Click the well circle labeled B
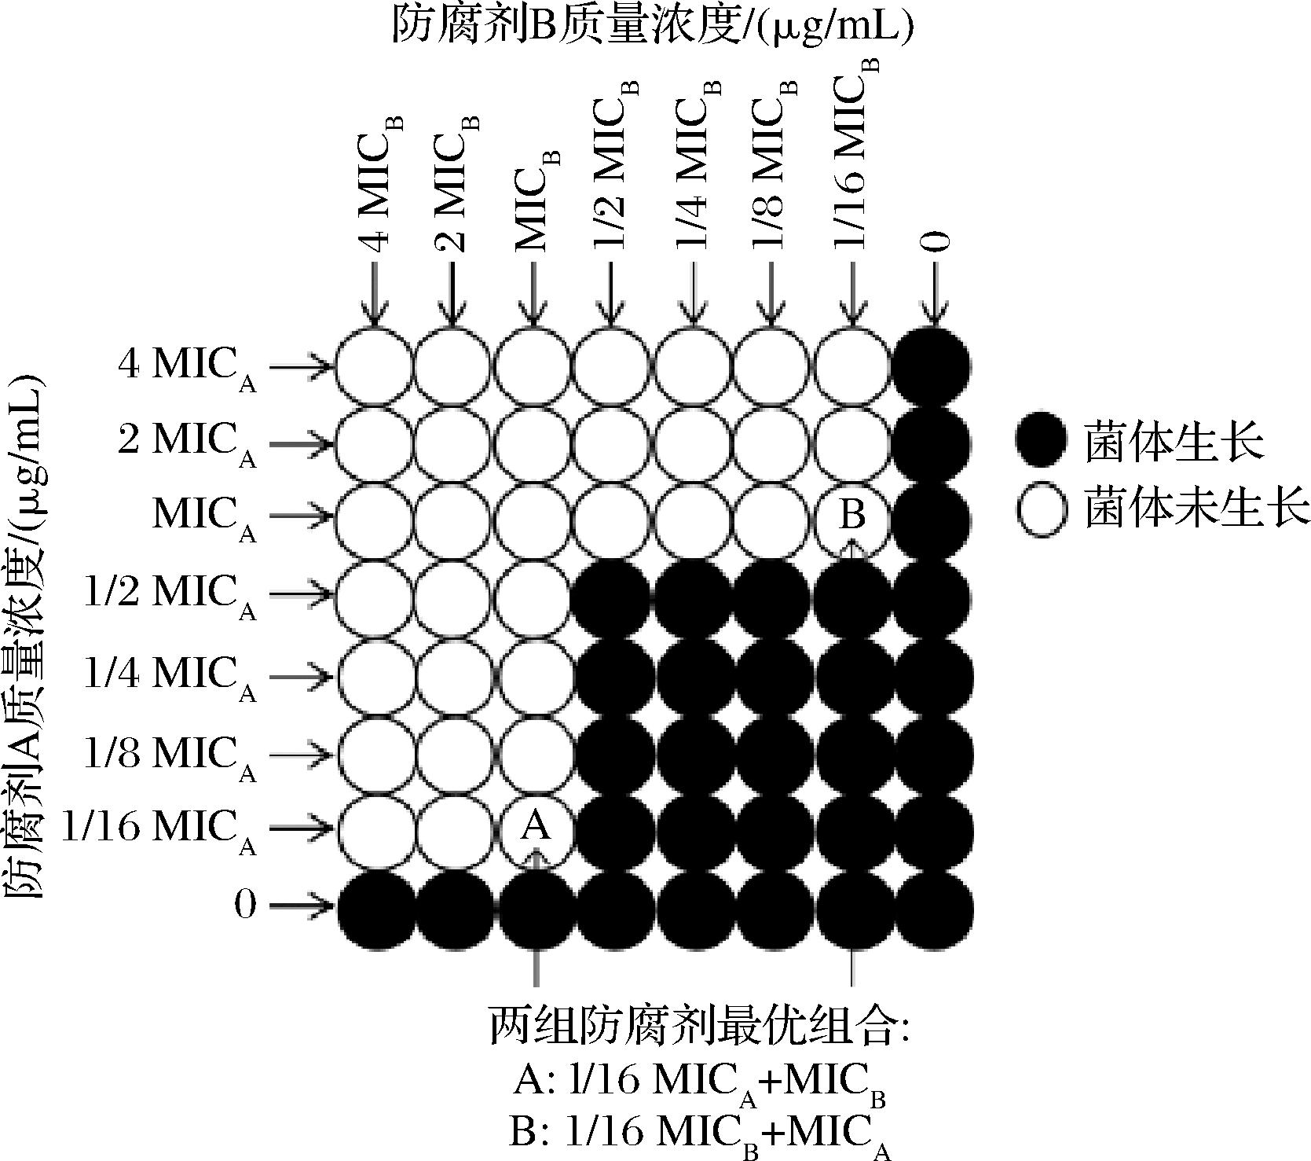[852, 517]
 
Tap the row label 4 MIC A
[187, 366]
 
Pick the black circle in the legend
[1041, 441]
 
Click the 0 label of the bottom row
[245, 906]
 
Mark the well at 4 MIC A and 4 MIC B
[374, 366]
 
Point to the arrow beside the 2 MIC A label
[300, 443]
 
